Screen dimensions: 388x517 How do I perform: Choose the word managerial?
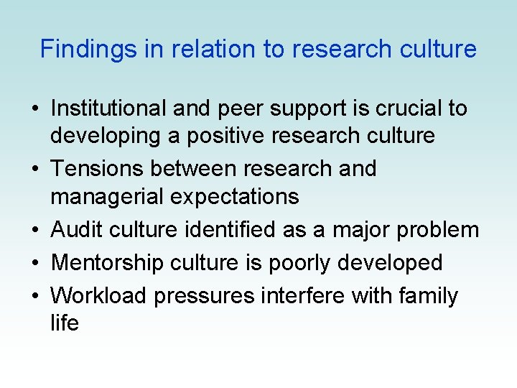101,195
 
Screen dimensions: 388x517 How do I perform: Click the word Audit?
75,229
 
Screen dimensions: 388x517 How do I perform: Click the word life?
65,323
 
